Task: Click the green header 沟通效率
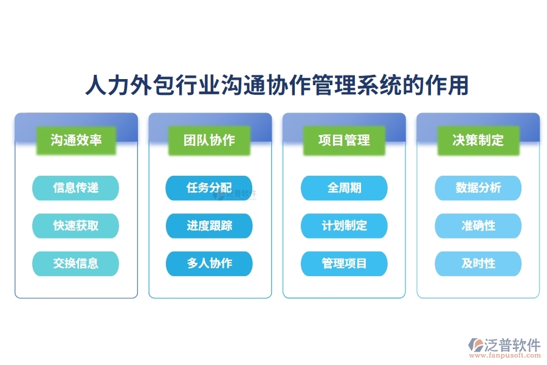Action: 76,140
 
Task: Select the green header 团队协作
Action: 210,140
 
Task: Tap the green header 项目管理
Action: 344,140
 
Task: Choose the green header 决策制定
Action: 478,140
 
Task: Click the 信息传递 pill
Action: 76,188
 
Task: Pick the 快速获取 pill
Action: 76,226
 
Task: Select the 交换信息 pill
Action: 76,263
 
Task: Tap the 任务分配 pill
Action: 209,188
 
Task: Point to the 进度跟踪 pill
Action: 209,226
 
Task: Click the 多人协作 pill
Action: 209,263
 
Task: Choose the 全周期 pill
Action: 344,188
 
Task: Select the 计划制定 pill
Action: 344,226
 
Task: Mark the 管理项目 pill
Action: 344,263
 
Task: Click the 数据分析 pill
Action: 478,188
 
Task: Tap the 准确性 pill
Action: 478,226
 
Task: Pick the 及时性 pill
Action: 478,263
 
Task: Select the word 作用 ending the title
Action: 449,86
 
